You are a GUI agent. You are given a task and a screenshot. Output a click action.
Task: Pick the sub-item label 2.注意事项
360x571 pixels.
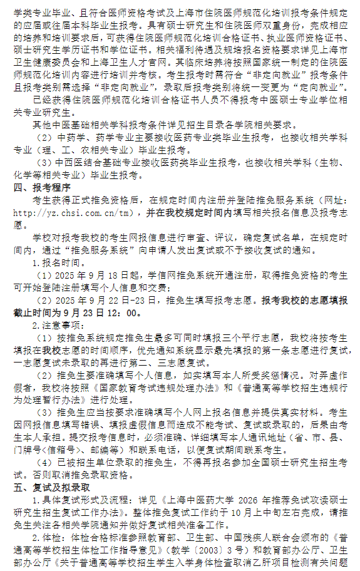[56, 325]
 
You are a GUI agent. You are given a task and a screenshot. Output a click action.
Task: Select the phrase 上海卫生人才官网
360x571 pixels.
[136, 63]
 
